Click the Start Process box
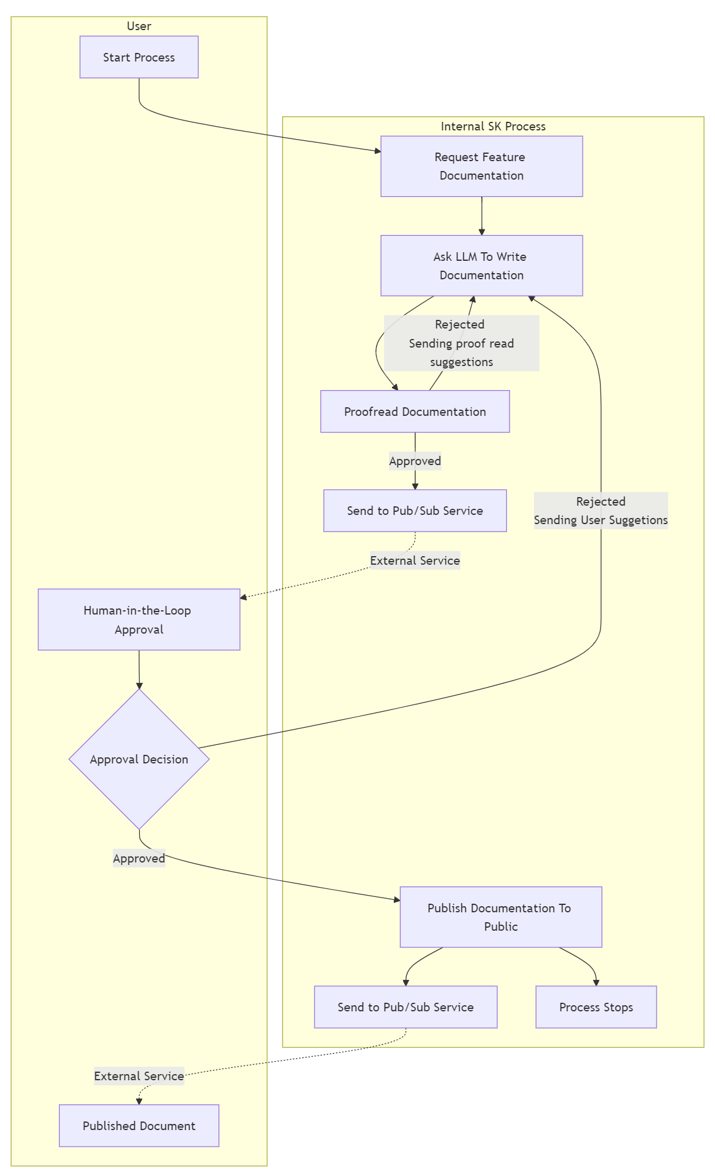139,57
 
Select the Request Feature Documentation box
481,166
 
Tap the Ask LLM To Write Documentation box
481,266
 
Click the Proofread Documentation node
415,412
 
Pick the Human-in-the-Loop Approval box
139,619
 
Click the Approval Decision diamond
139,759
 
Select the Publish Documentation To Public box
500,917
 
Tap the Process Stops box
596,1007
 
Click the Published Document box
139,1126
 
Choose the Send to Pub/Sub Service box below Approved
415,511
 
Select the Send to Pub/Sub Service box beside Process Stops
405,1007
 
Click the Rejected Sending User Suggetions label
601,511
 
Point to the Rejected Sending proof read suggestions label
461,343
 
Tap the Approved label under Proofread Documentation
415,461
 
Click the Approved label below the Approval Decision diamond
139,858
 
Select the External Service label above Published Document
139,1076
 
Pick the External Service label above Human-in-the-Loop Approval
415,560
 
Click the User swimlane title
139,26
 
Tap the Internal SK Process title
493,126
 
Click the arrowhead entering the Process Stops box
596,982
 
